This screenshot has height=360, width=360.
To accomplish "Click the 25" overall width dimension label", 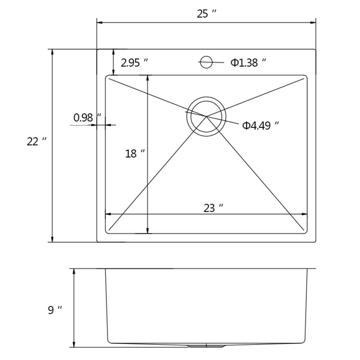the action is pyautogui.click(x=206, y=14).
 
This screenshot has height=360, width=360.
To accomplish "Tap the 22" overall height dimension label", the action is pyautogui.click(x=36, y=141).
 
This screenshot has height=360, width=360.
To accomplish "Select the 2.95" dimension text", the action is pyautogui.click(x=134, y=63).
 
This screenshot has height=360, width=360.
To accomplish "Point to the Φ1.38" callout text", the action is pyautogui.click(x=248, y=62).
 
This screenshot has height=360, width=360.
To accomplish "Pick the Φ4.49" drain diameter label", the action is pyautogui.click(x=261, y=126).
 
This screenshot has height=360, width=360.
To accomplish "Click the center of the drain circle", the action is pyautogui.click(x=206, y=116).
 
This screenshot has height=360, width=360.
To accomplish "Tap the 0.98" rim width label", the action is pyautogui.click(x=87, y=118).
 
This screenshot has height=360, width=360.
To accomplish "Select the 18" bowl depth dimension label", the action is pyautogui.click(x=135, y=154).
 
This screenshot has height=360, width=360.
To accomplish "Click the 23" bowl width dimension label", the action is pyautogui.click(x=213, y=208).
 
